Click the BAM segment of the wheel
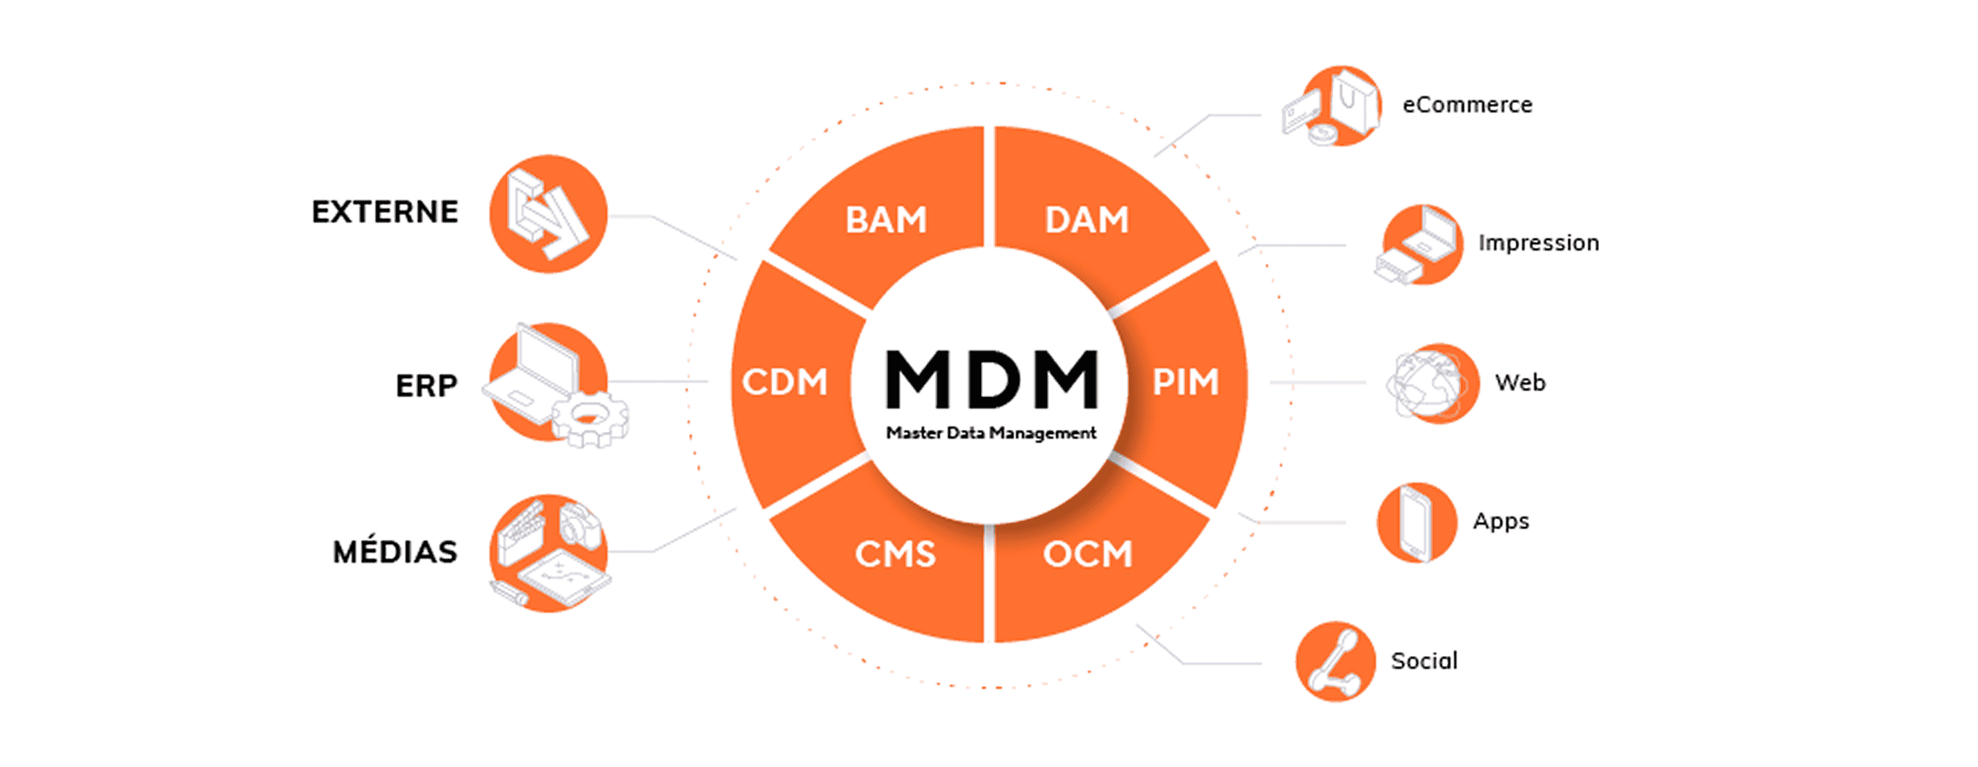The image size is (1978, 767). click(x=886, y=220)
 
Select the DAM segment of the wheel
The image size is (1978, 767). click(x=1087, y=220)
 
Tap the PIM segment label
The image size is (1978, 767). click(x=1185, y=383)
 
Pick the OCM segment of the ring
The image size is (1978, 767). click(x=1087, y=553)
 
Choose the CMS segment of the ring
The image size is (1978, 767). click(x=895, y=553)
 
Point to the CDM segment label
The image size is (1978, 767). click(x=785, y=383)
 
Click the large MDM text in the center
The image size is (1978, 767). click(x=991, y=379)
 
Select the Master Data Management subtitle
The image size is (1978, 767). click(x=991, y=433)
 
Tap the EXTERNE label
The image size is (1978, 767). click(x=384, y=212)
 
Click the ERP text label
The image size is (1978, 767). click(x=426, y=385)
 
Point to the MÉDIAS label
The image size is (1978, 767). click(x=395, y=552)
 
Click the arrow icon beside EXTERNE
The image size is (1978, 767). click(x=549, y=214)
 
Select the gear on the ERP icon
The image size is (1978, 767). click(x=589, y=417)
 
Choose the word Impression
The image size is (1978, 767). click(x=1539, y=243)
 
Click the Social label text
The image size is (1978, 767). click(x=1424, y=661)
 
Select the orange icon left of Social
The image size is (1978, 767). click(x=1334, y=661)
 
